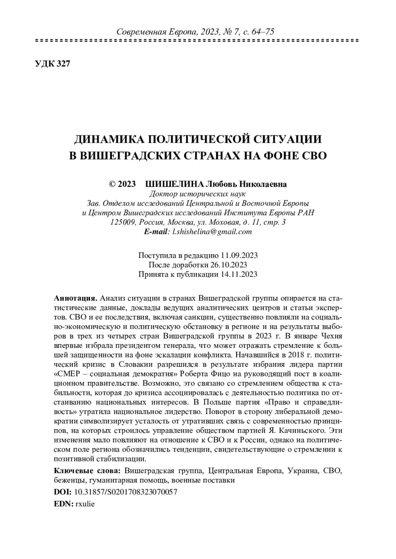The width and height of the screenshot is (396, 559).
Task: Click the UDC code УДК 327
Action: tap(52, 64)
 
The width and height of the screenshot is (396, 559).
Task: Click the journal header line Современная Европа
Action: tap(196, 32)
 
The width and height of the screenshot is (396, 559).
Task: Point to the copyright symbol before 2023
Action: tap(112, 184)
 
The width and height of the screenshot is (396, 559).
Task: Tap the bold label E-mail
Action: tap(156, 232)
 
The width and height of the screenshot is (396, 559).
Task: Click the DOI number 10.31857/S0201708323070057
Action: tap(126, 492)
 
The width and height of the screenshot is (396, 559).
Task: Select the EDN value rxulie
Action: tap(85, 504)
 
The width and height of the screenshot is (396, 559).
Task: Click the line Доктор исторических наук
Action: tap(198, 194)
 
